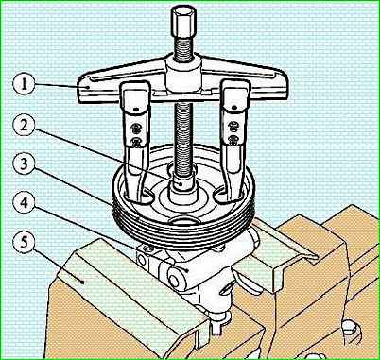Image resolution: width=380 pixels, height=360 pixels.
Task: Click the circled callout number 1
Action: point(24,84)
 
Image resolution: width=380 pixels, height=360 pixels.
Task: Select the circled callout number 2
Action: point(24,128)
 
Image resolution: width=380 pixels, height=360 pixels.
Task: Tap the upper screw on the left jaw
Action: point(136,129)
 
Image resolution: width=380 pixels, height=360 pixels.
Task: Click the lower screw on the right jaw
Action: point(233,139)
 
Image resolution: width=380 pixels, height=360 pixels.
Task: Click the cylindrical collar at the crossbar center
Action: point(183,76)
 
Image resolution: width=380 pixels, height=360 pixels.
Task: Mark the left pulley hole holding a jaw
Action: point(138,197)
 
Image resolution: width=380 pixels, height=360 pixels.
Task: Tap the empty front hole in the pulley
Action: point(184,220)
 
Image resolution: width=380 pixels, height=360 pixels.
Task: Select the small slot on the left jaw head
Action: point(136,109)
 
